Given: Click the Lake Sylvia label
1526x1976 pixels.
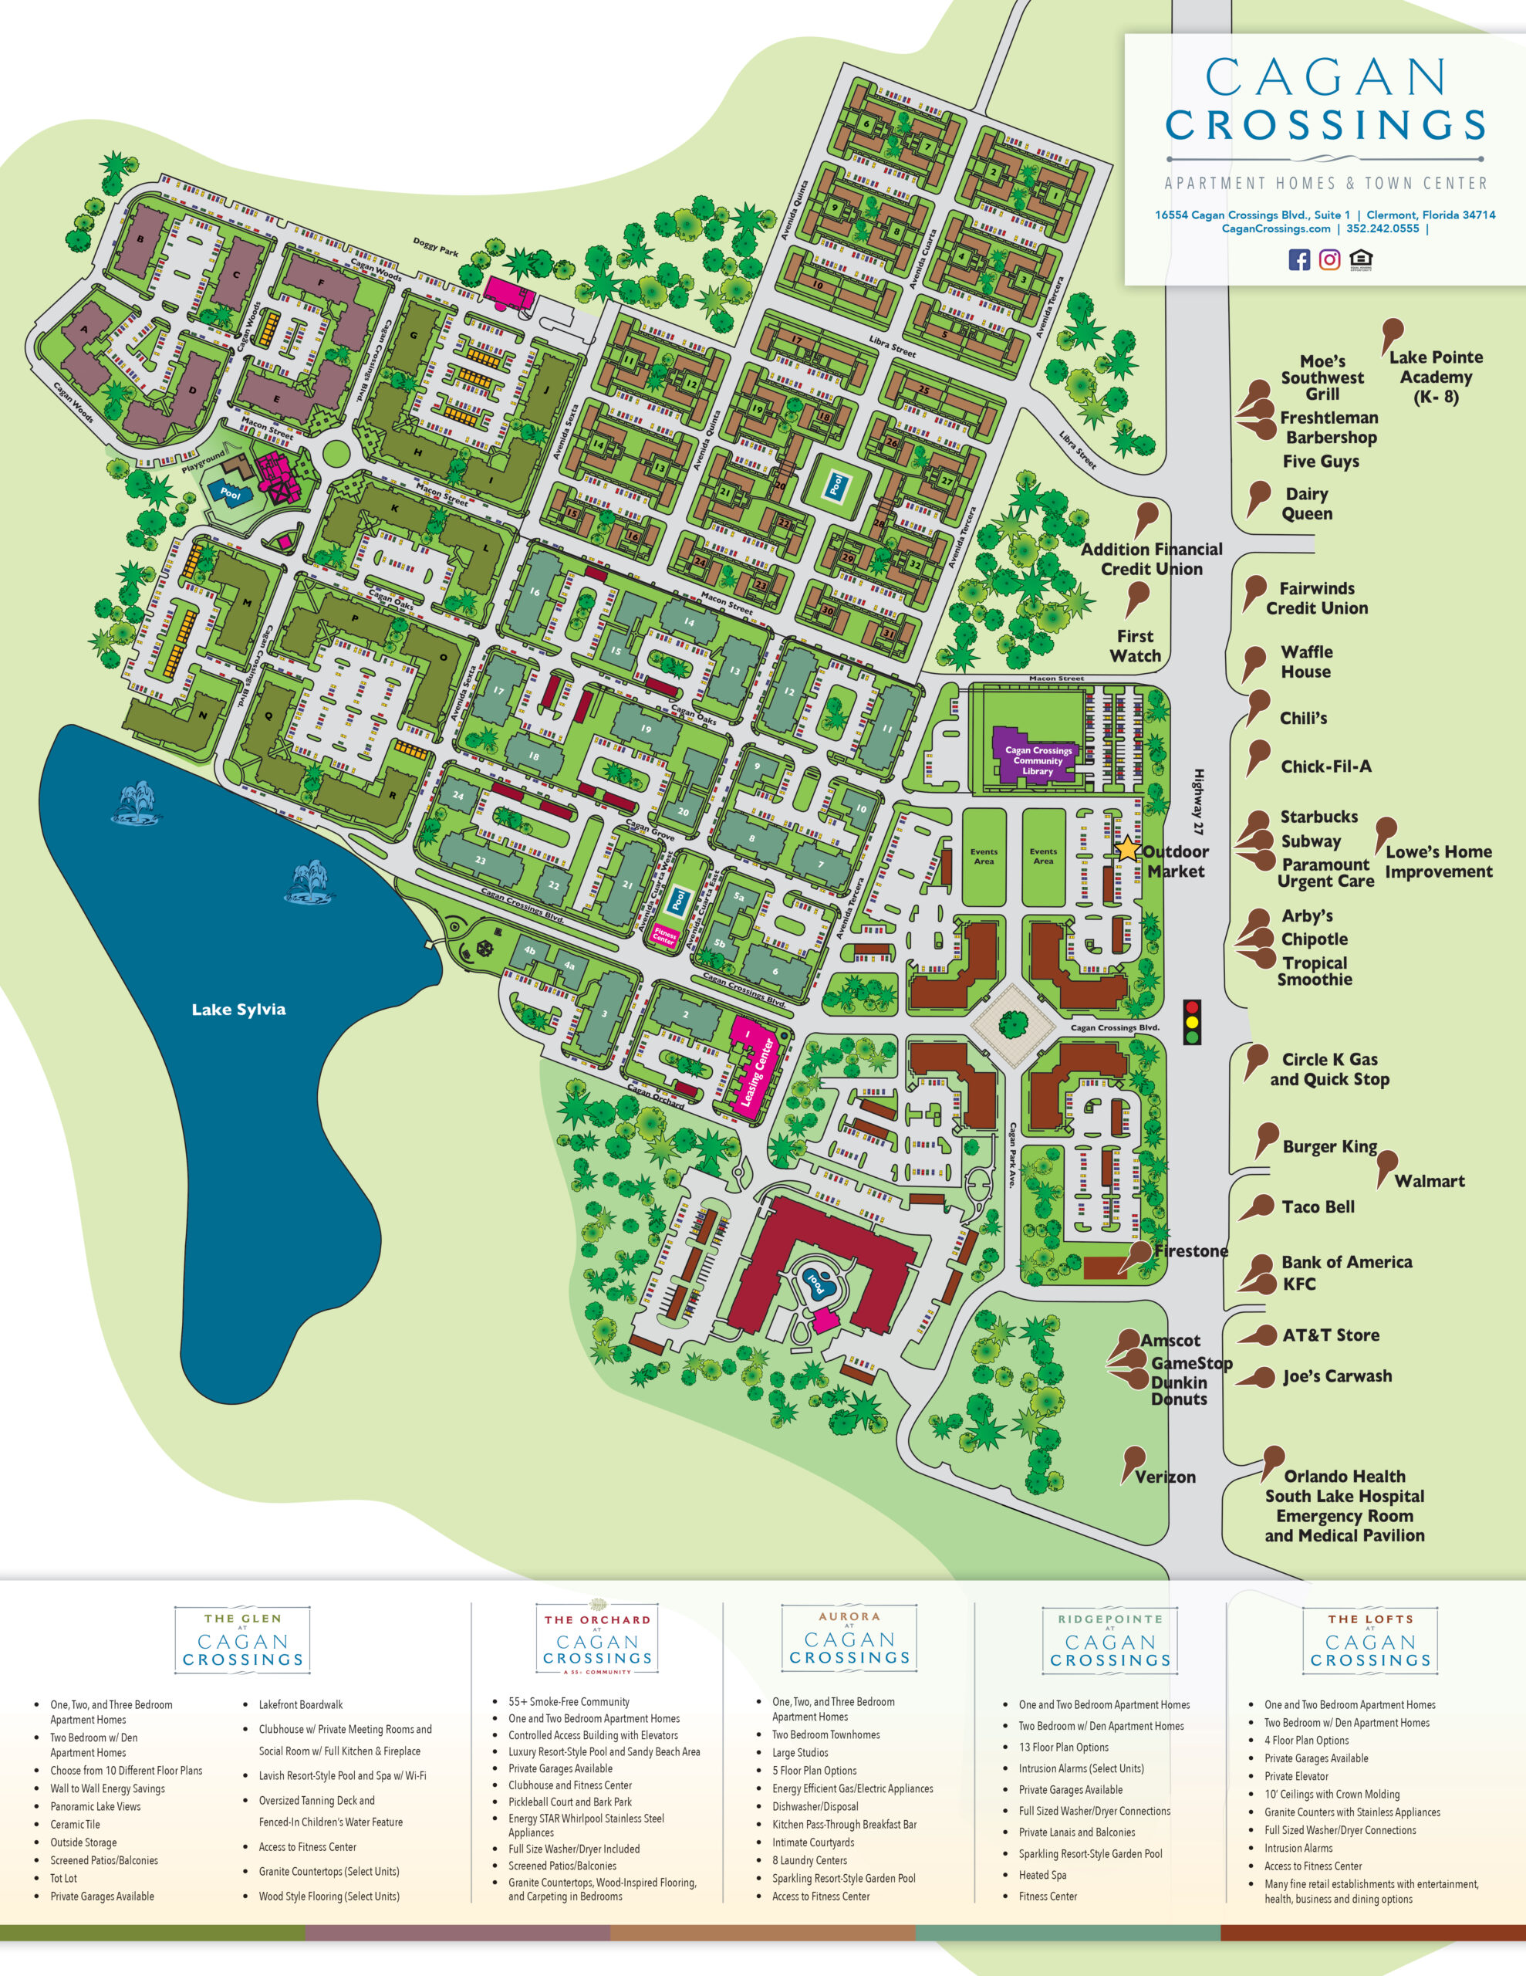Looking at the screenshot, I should pyautogui.click(x=238, y=1009).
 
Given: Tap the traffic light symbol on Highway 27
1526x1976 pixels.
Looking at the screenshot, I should pyautogui.click(x=1192, y=1023).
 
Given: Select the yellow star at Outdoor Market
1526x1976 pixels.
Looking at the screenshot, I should pyautogui.click(x=1127, y=850).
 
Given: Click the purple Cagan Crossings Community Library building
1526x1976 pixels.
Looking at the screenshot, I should pyautogui.click(x=1038, y=755).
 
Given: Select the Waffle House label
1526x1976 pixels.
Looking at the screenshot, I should pyautogui.click(x=1305, y=661).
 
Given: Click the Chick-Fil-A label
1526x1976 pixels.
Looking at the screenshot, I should pyautogui.click(x=1325, y=766).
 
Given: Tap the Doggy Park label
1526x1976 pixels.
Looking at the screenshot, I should pyautogui.click(x=435, y=246).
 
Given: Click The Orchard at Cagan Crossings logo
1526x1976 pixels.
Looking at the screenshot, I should pyautogui.click(x=597, y=1640).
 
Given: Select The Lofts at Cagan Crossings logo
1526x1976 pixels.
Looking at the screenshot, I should pyautogui.click(x=1370, y=1640).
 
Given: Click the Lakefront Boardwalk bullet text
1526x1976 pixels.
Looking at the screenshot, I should pyautogui.click(x=300, y=1704).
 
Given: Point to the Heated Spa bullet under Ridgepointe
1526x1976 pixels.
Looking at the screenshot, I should pyautogui.click(x=1042, y=1875).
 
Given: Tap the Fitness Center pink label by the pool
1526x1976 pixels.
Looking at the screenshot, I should pyautogui.click(x=665, y=936).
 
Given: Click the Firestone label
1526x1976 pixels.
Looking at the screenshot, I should pyautogui.click(x=1190, y=1251).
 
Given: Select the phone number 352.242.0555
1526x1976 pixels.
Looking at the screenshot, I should pyautogui.click(x=1383, y=229).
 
